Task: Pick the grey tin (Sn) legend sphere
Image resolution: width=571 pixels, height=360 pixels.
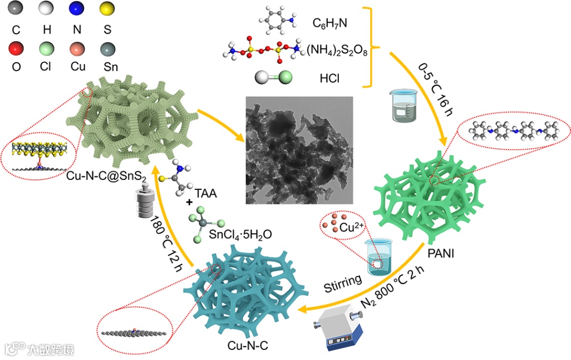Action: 108,50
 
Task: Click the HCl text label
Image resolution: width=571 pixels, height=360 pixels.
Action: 329,78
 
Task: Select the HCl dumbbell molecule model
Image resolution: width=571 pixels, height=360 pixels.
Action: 274,78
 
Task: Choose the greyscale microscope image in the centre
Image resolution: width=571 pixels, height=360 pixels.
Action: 299,150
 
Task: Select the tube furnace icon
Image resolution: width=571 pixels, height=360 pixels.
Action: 344,328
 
